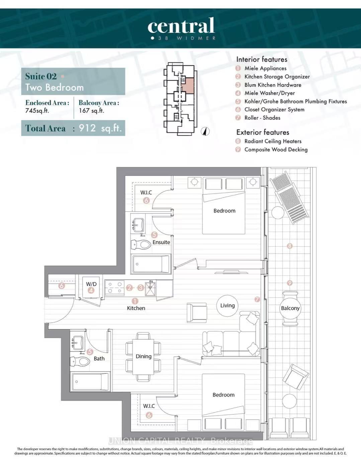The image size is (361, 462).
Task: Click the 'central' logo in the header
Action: [181, 26]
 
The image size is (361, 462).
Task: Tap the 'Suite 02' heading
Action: [41, 76]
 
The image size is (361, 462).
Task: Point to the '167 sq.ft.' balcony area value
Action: [91, 110]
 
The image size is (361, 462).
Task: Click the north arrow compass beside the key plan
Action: [205, 132]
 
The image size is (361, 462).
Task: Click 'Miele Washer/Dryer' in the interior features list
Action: [269, 93]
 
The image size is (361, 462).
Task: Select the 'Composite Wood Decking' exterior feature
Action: [276, 150]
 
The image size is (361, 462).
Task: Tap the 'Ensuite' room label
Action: [161, 242]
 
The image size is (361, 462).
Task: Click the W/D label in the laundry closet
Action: [91, 284]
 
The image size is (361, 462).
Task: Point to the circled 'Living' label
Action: [228, 305]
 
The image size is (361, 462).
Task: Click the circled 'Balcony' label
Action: [290, 308]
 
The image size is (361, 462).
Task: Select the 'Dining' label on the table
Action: [144, 357]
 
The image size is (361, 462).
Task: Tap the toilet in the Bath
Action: [80, 361]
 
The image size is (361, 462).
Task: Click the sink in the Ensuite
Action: [138, 224]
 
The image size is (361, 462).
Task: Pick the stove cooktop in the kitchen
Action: [114, 288]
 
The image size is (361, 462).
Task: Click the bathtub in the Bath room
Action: [90, 382]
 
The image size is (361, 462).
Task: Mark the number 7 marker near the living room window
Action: [257, 299]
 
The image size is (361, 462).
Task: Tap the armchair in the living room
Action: [197, 313]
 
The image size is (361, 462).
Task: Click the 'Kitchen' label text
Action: [136, 308]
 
